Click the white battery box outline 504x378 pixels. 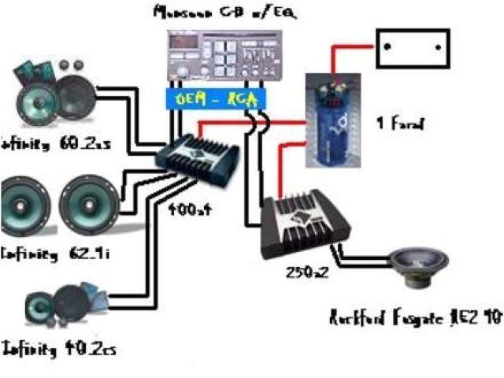[412, 50]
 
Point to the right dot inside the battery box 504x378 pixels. [435, 46]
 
